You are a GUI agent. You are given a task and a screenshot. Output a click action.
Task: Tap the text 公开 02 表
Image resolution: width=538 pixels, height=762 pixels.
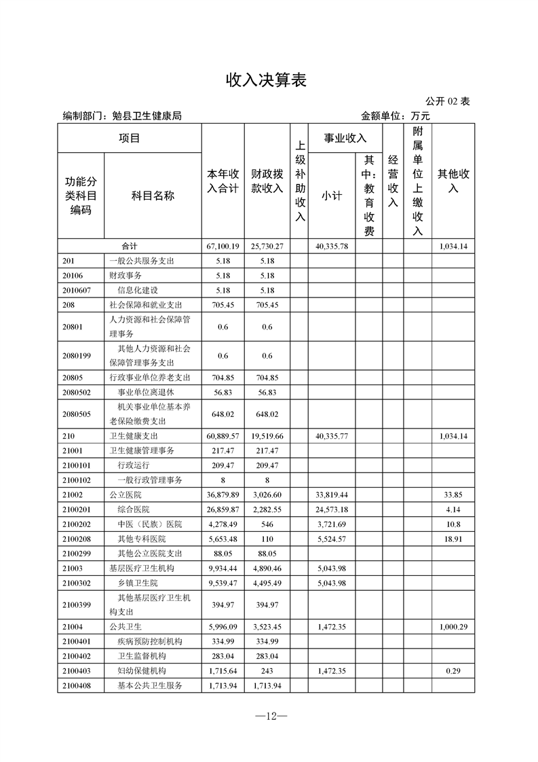click(x=448, y=101)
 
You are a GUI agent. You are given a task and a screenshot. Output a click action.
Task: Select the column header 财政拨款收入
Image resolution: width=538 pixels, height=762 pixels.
click(x=267, y=181)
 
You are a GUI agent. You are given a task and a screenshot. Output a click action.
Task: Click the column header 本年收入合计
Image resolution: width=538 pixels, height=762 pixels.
click(x=223, y=181)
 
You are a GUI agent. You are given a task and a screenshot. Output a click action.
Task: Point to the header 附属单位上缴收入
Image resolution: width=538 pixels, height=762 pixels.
click(x=418, y=181)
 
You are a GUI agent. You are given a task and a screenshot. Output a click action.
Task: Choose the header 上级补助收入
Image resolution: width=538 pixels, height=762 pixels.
click(x=300, y=181)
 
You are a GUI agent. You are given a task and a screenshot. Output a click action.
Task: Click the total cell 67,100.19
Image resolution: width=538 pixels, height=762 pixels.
click(x=223, y=246)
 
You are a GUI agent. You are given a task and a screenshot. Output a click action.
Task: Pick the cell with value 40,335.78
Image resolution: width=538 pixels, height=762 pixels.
click(x=332, y=246)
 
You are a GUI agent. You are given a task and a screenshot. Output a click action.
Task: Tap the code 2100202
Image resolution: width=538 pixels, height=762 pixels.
click(x=76, y=524)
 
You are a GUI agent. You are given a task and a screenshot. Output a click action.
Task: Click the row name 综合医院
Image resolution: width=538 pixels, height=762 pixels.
click(x=134, y=509)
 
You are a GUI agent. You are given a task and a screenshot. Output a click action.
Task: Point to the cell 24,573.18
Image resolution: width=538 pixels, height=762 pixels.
click(x=332, y=509)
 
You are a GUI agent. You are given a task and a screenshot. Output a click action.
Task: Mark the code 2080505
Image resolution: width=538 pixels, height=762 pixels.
click(x=76, y=414)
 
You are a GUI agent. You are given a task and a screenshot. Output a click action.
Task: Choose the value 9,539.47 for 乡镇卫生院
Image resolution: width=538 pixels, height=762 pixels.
click(x=223, y=583)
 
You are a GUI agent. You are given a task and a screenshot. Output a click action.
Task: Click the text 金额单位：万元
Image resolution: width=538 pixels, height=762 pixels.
click(x=396, y=116)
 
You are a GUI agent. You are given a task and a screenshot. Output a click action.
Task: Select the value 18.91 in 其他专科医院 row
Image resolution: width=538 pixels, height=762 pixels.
click(x=453, y=539)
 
